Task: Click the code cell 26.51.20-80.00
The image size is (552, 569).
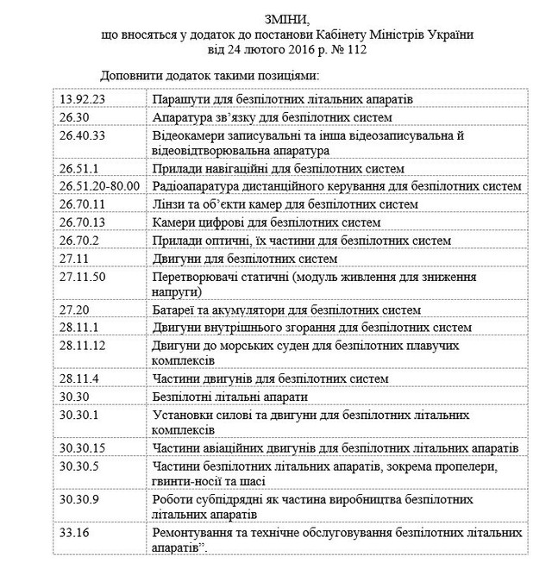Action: click(101, 186)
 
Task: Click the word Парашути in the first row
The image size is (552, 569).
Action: click(179, 99)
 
